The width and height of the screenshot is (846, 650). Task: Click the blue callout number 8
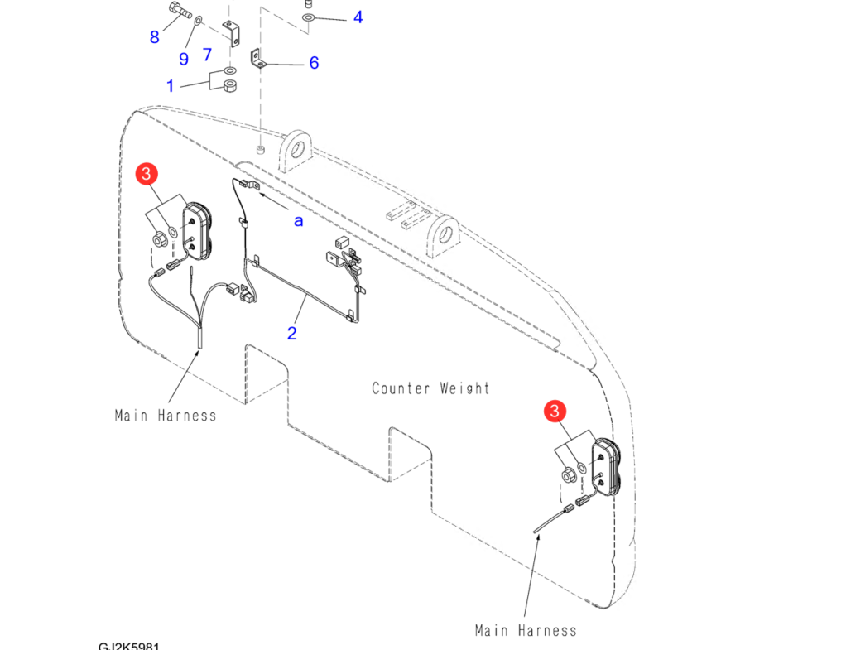tap(155, 36)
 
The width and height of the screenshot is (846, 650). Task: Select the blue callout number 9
tap(184, 58)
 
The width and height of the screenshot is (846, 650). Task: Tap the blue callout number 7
tap(207, 55)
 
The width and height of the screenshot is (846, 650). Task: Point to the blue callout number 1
tap(171, 85)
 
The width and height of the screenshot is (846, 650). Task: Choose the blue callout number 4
tap(358, 17)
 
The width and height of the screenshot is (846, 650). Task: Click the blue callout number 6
tap(314, 63)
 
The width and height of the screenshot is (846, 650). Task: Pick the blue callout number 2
tap(291, 333)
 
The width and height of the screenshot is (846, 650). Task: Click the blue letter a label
tap(298, 220)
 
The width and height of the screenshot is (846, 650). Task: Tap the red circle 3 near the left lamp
tap(147, 174)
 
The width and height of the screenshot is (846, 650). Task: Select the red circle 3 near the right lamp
tap(555, 411)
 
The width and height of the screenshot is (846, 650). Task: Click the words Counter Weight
tap(430, 388)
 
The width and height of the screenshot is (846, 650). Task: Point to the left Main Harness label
tap(166, 416)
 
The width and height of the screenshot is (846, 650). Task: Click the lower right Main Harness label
tap(526, 631)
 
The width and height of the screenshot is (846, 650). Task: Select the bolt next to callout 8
tap(179, 12)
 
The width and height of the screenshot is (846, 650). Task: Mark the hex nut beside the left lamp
tap(158, 241)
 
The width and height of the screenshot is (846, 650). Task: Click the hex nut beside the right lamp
tap(568, 475)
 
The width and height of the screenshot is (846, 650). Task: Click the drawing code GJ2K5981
tap(128, 645)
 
